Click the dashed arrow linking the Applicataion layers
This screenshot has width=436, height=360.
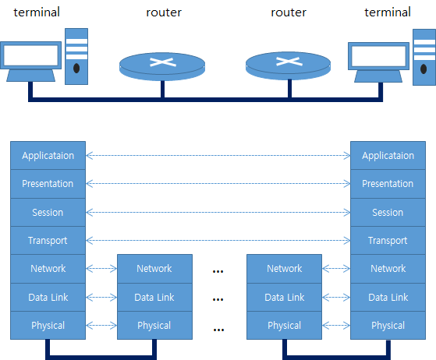pyautogui.click(x=218, y=156)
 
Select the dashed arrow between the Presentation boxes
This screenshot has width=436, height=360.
pyautogui.click(x=218, y=184)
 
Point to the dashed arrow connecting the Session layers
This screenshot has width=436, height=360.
pyautogui.click(x=218, y=213)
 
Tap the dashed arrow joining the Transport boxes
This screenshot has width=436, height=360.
pyautogui.click(x=218, y=240)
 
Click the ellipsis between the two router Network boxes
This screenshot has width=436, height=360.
pyautogui.click(x=218, y=271)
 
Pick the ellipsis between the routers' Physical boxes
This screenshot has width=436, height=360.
pyautogui.click(x=218, y=330)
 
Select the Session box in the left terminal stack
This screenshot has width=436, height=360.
pyautogui.click(x=48, y=213)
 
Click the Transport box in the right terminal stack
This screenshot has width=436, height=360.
pyautogui.click(x=388, y=240)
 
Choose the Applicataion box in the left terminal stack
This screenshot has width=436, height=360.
pyautogui.click(x=48, y=156)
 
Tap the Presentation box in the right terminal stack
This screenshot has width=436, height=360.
pyautogui.click(x=388, y=184)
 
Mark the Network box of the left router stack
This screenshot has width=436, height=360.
pyautogui.click(x=154, y=269)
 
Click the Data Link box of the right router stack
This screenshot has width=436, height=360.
pyautogui.click(x=284, y=297)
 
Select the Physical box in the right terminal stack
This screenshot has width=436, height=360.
pyautogui.click(x=388, y=325)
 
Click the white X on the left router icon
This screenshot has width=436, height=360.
pyautogui.click(x=163, y=62)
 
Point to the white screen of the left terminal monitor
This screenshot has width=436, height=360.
pyautogui.click(x=31, y=55)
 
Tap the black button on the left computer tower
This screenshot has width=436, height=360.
pyautogui.click(x=76, y=68)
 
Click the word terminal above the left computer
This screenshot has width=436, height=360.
pyautogui.click(x=37, y=12)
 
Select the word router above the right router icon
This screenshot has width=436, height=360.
pyautogui.click(x=289, y=12)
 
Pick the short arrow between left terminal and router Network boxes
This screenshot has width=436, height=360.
pyautogui.click(x=101, y=269)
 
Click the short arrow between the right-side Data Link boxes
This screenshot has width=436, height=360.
pyautogui.click(x=336, y=297)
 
